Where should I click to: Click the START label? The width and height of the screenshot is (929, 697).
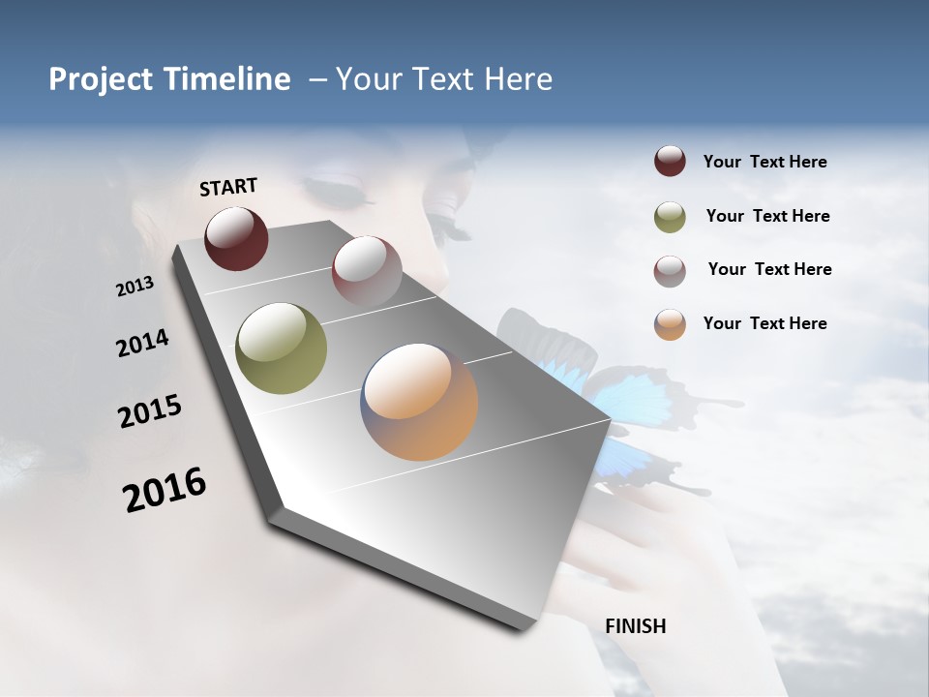click(x=228, y=187)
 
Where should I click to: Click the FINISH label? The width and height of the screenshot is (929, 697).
click(x=635, y=626)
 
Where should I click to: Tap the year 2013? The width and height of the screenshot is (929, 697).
click(x=135, y=286)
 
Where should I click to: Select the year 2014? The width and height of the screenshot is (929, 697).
click(x=142, y=344)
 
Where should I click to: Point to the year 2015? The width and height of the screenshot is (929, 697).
click(x=149, y=411)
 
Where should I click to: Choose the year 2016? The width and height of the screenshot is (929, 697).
click(x=165, y=490)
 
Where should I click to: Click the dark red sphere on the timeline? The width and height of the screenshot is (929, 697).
click(x=236, y=238)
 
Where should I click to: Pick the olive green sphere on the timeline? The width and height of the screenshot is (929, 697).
click(x=281, y=348)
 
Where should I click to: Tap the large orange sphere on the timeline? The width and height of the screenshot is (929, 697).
click(x=419, y=402)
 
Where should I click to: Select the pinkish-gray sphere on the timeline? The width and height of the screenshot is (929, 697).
click(x=366, y=270)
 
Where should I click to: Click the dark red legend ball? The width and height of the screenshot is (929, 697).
click(x=670, y=162)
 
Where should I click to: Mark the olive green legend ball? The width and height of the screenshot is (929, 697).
click(x=670, y=217)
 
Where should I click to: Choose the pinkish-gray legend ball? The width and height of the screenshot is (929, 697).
click(x=670, y=271)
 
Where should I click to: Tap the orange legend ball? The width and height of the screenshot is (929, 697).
click(x=670, y=324)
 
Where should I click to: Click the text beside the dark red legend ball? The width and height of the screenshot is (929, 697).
click(x=764, y=163)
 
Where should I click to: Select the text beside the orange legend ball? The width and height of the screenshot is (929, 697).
click(x=764, y=323)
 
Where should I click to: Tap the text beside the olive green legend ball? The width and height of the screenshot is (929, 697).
click(x=767, y=216)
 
